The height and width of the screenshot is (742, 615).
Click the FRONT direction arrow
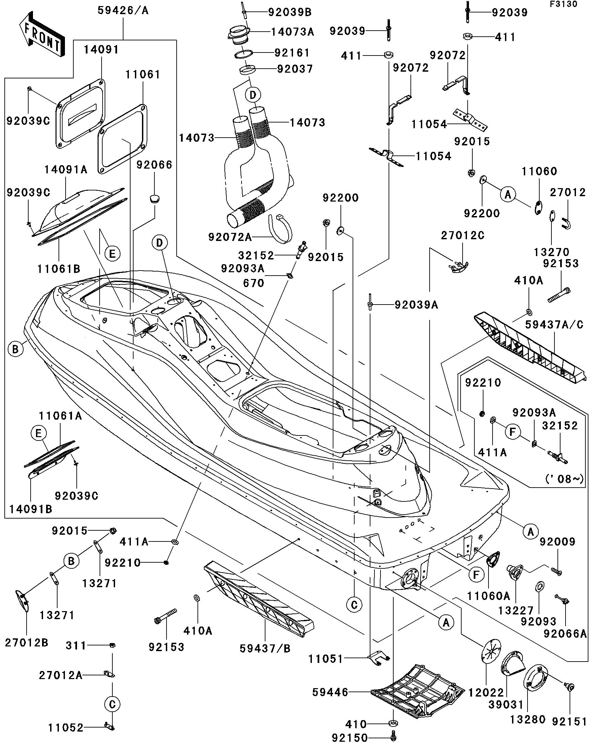[x=42, y=34]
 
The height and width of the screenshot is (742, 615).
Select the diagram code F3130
[x=564, y=4]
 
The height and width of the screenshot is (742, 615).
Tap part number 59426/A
[x=123, y=11]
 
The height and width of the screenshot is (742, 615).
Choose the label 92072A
[x=230, y=237]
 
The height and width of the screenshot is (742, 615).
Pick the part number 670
[x=254, y=283]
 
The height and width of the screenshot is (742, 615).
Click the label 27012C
[x=462, y=236]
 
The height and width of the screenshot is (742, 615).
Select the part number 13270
[x=551, y=252]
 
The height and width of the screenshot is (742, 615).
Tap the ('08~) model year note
[x=565, y=479]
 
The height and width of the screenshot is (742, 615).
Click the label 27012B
[x=27, y=642]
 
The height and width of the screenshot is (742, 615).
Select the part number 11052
[x=66, y=728]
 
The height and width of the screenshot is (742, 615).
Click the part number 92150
[x=350, y=737]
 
